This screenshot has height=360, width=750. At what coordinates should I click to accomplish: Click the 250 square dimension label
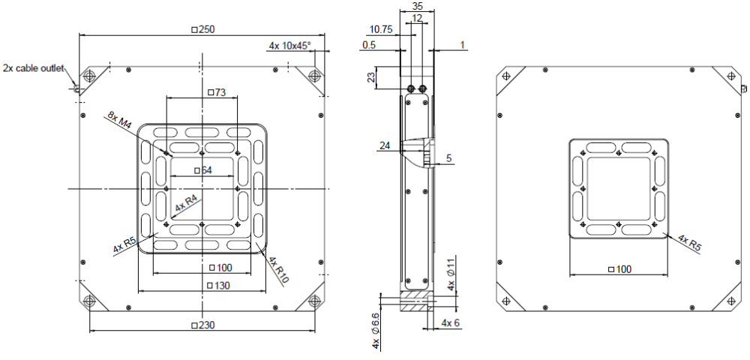(203, 29)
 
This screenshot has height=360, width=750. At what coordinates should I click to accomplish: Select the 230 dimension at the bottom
(203, 325)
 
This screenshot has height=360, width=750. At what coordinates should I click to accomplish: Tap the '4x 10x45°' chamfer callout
(289, 46)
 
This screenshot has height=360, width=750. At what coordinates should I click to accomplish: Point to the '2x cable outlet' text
(33, 69)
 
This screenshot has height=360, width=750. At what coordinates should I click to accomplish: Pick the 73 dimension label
(217, 92)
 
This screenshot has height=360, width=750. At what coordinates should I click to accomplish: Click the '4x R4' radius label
(186, 204)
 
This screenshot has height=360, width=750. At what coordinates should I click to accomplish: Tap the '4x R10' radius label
(278, 271)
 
